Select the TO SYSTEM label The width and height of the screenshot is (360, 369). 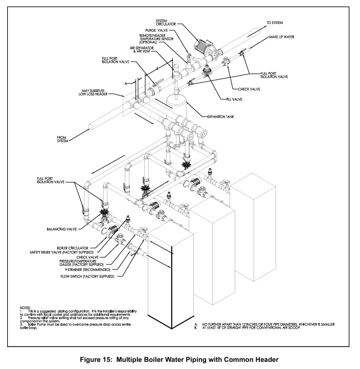pyautogui.click(x=274, y=22)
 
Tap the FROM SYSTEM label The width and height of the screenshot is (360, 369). pyautogui.click(x=65, y=138)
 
